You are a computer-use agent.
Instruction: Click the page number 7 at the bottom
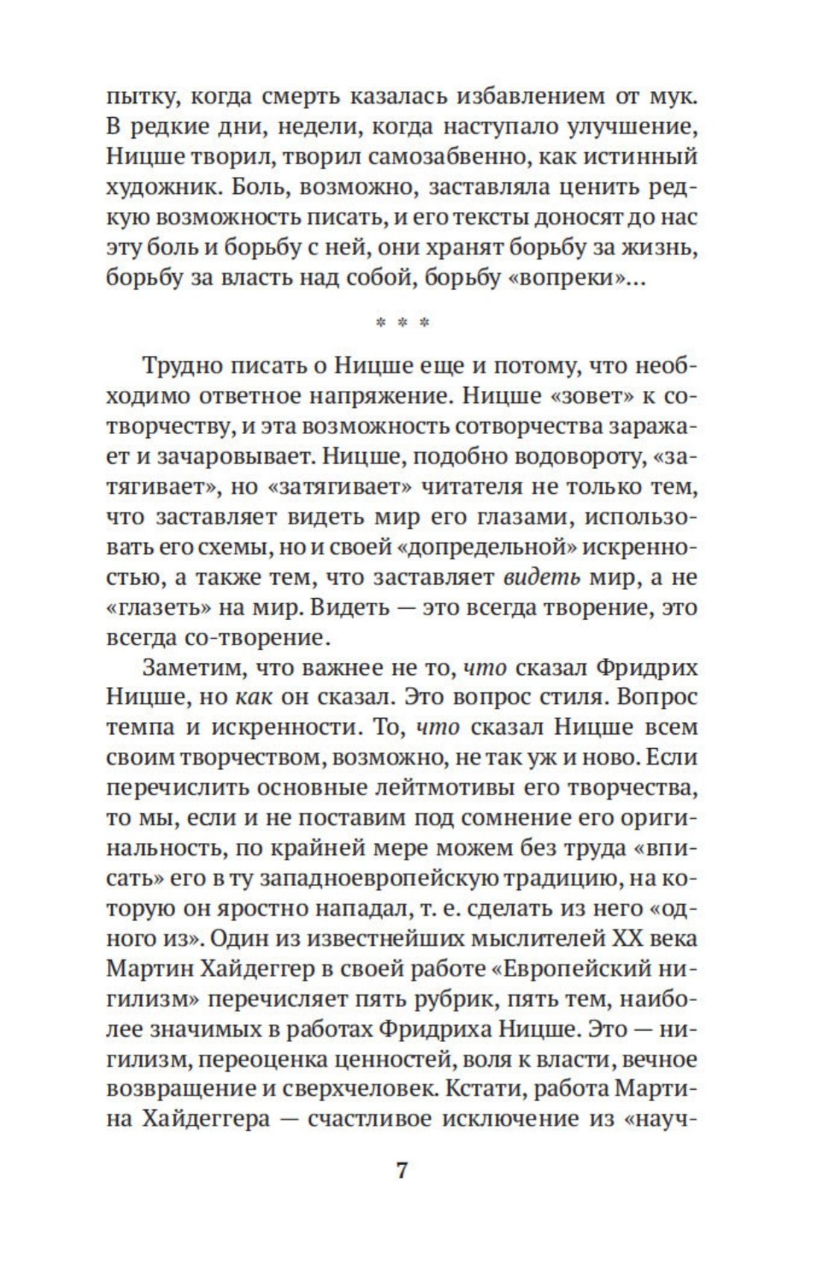402,1170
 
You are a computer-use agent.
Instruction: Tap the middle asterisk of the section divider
403,324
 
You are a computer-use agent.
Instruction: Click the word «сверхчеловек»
358,1089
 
